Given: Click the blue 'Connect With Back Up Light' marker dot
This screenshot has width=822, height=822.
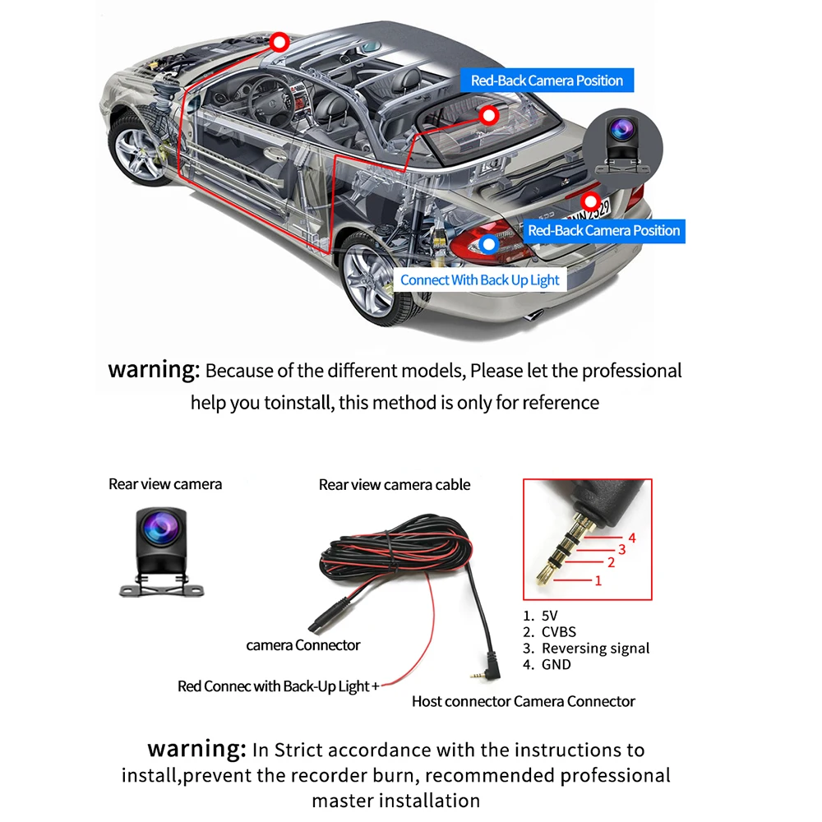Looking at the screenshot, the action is [490, 243].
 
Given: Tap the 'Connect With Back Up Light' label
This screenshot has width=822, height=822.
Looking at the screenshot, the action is [480, 279].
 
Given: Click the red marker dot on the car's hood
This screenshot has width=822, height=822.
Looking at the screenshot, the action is [279, 40].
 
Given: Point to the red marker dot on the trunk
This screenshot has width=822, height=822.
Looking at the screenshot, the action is [589, 200].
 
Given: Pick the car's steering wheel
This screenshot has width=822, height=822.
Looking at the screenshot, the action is [263, 95].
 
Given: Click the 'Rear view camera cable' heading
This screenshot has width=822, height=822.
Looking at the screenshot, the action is [395, 485].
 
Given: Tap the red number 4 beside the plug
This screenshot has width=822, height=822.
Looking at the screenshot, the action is [632, 538].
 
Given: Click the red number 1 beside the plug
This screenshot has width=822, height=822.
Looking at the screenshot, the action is [598, 580].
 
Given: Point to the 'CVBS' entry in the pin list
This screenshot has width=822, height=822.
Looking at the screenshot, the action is [558, 631].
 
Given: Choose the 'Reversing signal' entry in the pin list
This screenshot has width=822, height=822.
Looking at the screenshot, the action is [595, 648].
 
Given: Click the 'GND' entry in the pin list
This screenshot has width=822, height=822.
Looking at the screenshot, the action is [556, 664].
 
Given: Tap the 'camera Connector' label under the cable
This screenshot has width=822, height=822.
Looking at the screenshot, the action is [303, 645].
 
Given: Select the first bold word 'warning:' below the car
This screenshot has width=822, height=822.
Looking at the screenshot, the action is [154, 369].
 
